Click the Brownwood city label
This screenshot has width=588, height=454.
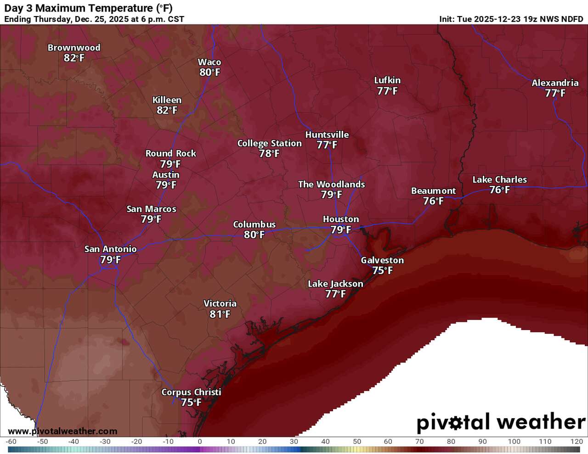pyautogui.click(x=74, y=48)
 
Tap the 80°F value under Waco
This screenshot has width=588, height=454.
pyautogui.click(x=209, y=73)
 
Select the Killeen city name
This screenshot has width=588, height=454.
pyautogui.click(x=167, y=100)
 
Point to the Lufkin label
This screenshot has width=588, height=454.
pyautogui.click(x=387, y=80)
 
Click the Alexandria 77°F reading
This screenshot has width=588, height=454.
pyautogui.click(x=555, y=93)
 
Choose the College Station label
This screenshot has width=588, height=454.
pyautogui.click(x=269, y=143)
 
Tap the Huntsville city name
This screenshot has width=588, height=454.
pyautogui.click(x=327, y=135)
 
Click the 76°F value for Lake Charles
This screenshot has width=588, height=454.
pyautogui.click(x=499, y=190)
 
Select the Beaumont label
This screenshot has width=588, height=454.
pyautogui.click(x=433, y=191)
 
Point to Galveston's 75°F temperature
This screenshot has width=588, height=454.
pyautogui.click(x=382, y=271)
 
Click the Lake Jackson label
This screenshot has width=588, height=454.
pyautogui.click(x=335, y=284)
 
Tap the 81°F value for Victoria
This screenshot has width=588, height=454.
pyautogui.click(x=220, y=314)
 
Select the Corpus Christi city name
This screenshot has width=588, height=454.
pyautogui.click(x=191, y=392)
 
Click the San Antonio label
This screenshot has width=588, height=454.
pyautogui.click(x=110, y=249)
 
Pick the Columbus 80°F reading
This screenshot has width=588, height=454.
pyautogui.click(x=254, y=235)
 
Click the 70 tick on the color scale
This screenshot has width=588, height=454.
pyautogui.click(x=419, y=442)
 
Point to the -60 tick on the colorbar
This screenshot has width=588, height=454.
pyautogui.click(x=11, y=442)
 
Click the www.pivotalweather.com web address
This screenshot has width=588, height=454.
pyautogui.click(x=62, y=432)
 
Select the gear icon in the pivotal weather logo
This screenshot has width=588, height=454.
pyautogui.click(x=454, y=422)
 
